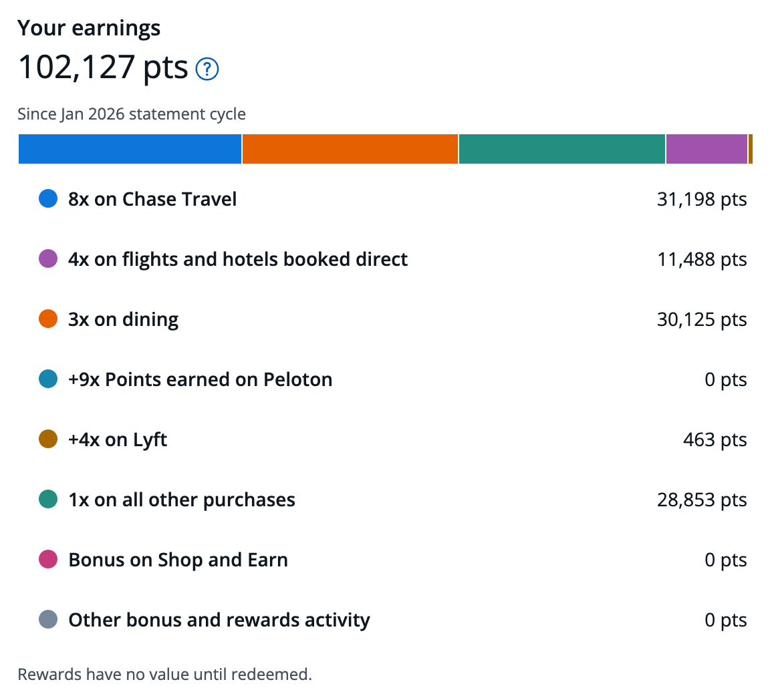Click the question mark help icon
[207, 69]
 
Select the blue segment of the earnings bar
[130, 149]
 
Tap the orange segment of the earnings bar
[350, 149]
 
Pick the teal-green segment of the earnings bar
[561, 149]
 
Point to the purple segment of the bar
[707, 149]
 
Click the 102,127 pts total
[103, 67]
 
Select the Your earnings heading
[89, 28]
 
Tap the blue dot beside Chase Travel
[48, 199]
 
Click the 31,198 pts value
[702, 199]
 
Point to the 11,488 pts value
[702, 259]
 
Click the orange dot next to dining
[48, 319]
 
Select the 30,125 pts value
[702, 319]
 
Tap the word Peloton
[297, 379]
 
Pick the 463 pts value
[715, 440]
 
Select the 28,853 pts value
[702, 500]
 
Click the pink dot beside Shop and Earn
[48, 560]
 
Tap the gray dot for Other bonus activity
[48, 619]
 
